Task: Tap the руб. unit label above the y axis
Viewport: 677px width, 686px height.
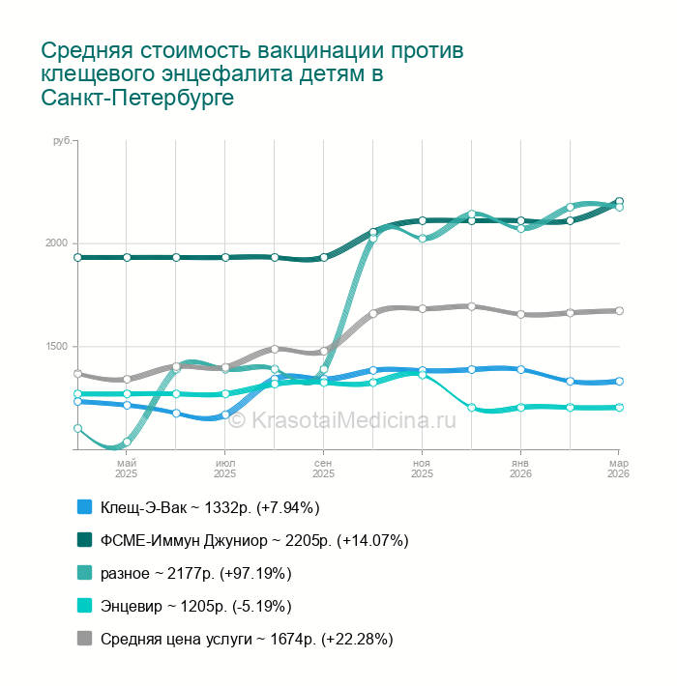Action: (x=62, y=141)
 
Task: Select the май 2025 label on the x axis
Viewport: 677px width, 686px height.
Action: (x=127, y=469)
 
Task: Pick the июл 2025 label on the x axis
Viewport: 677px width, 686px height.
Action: (x=225, y=469)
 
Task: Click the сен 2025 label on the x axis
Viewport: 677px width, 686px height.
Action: (x=324, y=469)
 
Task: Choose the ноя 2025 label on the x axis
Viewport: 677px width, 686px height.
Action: (x=423, y=469)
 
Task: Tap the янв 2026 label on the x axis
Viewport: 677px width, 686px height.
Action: (x=520, y=469)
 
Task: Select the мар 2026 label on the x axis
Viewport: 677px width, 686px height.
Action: (x=618, y=469)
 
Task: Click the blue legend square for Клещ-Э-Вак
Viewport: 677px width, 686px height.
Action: (x=84, y=506)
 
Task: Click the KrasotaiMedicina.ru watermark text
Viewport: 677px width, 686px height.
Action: (x=353, y=419)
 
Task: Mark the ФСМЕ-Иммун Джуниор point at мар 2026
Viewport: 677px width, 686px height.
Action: (x=619, y=201)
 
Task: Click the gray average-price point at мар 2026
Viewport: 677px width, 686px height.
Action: (x=619, y=311)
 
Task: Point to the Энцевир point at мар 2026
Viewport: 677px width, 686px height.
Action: (x=619, y=408)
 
